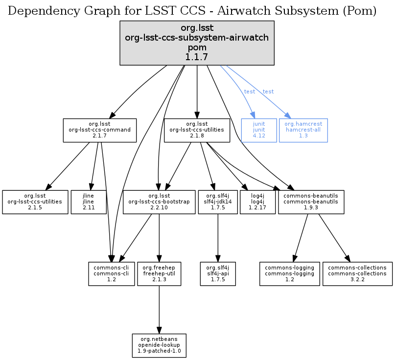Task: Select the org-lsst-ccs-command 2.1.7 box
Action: coord(99,130)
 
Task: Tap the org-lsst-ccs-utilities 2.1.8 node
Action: coord(197,130)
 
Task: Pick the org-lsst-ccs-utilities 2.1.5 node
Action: coord(35,202)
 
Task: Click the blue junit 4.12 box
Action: coord(259,130)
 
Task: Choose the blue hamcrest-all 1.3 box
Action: coord(303,130)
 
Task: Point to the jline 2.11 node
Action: coord(89,202)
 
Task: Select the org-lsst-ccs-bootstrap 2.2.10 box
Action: coord(159,202)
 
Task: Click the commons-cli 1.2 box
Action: coord(111,273)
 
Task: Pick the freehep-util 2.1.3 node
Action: coord(159,273)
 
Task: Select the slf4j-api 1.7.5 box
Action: coord(218,273)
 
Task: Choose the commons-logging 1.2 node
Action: coord(289,273)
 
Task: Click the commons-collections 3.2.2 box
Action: coord(357,273)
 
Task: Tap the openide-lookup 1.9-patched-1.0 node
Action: coord(159,345)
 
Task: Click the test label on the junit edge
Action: coord(250,91)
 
